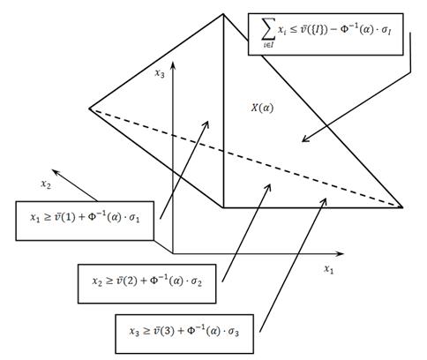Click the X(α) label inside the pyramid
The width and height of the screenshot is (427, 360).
tap(262, 108)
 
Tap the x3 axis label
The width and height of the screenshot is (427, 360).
tap(160, 73)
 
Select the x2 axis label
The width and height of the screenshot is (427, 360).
tap(46, 184)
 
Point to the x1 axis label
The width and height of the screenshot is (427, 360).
tap(329, 269)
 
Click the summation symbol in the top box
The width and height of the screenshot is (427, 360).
tap(268, 29)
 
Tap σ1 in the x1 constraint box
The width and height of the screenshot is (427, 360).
tap(134, 218)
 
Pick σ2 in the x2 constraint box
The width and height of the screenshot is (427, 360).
tap(197, 281)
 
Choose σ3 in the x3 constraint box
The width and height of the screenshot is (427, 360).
tap(234, 332)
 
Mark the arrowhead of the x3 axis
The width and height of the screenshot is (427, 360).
tap(173, 65)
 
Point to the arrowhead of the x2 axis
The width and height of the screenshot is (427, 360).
tap(56, 172)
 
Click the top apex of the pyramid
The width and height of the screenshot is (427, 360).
tap(223, 14)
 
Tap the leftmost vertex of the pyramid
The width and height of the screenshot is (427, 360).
tap(90, 109)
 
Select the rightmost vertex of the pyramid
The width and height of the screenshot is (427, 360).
tap(402, 206)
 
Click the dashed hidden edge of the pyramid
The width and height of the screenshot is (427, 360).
tap(246, 158)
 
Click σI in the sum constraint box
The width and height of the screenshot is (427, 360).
tap(386, 30)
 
